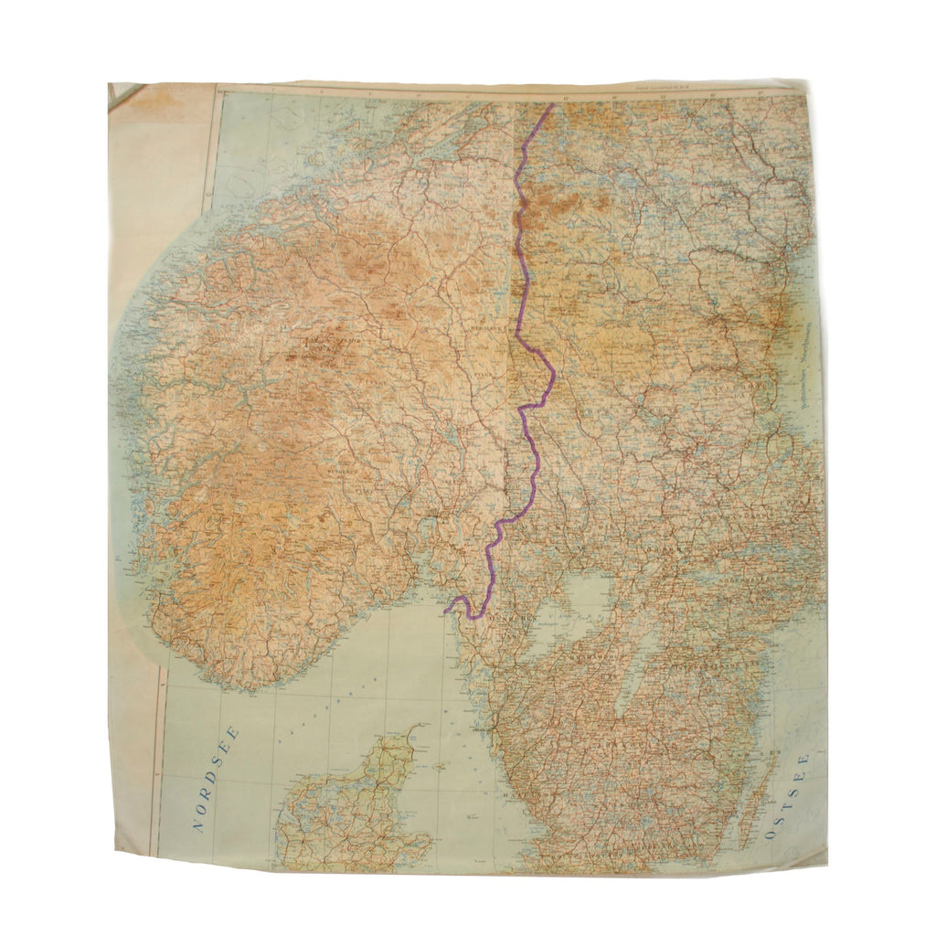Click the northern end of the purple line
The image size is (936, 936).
point(552,105)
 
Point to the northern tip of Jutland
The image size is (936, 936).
point(417,729)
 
